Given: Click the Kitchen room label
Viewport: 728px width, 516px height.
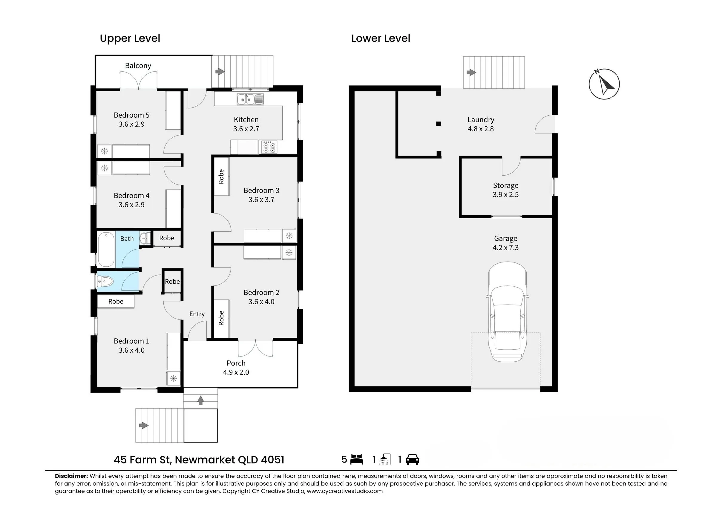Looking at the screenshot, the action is [246, 120].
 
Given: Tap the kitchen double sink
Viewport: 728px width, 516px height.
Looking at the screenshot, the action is [250, 99].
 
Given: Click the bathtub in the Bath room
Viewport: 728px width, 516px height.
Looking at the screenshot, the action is [106, 250].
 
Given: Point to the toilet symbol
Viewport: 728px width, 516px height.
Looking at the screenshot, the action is [105, 281].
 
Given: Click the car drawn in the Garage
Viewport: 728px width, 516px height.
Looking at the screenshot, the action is [507, 312].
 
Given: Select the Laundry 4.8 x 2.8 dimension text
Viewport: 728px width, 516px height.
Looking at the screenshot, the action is [480, 129].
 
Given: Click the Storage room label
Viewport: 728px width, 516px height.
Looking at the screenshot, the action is [505, 185].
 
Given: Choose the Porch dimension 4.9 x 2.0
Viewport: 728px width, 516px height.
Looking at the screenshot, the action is [236, 372].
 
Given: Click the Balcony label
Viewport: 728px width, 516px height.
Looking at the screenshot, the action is [138, 66].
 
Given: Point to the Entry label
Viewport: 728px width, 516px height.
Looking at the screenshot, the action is [197, 314].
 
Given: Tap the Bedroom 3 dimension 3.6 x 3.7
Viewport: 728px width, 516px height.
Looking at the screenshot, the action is [261, 199].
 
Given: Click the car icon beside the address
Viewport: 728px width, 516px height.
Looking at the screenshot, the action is [413, 460].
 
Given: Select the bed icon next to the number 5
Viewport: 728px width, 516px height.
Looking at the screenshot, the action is [356, 460].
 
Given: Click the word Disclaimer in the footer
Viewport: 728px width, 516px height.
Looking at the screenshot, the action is [71, 476].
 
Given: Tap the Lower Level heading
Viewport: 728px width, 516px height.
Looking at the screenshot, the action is [381, 39].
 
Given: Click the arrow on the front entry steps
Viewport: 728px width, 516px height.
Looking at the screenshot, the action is [200, 400].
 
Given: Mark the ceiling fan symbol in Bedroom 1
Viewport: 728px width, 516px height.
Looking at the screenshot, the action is [174, 378].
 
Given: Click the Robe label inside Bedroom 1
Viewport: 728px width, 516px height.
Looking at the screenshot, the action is [116, 302].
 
